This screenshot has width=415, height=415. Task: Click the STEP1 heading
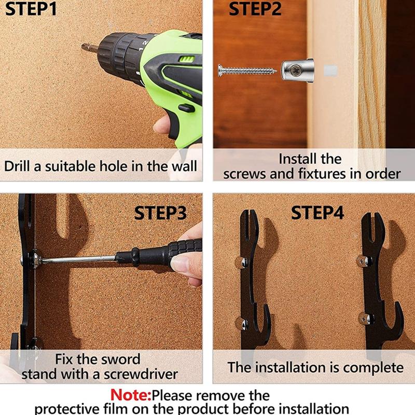[x=31, y=8]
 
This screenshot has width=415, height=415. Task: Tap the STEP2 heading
[x=255, y=8]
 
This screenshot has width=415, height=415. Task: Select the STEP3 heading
[x=160, y=213]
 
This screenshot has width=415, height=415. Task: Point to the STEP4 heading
[x=317, y=213]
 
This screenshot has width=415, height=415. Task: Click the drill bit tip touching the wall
[x=83, y=47]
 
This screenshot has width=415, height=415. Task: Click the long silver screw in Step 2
[x=247, y=71]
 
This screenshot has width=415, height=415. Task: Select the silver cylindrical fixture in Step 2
[x=297, y=71]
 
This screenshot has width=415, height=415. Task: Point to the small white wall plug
[x=330, y=70]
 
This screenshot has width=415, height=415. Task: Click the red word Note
[x=131, y=395]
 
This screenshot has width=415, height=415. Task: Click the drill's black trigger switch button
[x=187, y=108]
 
